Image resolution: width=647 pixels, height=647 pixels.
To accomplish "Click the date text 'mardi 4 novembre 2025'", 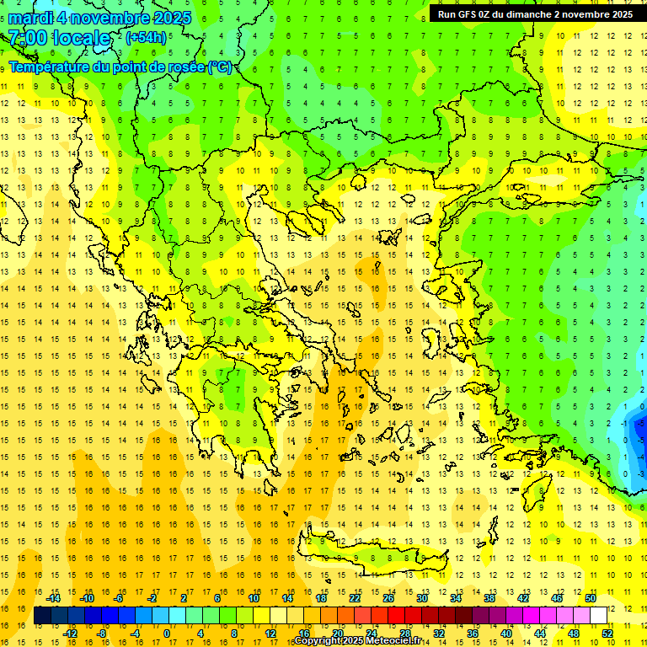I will (99, 18).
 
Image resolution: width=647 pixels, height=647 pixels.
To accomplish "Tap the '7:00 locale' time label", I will (59, 38).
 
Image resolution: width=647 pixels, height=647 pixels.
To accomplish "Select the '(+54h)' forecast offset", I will (146, 38).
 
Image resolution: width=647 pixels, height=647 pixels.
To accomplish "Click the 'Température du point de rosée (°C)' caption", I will (120, 67).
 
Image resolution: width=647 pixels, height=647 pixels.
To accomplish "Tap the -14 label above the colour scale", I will (55, 598).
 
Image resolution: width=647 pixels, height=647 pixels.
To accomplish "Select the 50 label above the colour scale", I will (591, 598).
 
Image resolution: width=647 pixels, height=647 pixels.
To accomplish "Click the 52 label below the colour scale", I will (607, 633).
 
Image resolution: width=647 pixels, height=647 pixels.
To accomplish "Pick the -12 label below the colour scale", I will (71, 633).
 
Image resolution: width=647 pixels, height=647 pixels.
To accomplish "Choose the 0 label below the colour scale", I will (167, 633).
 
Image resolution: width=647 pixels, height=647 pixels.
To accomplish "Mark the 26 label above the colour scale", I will (388, 598).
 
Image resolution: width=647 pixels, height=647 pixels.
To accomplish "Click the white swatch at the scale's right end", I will (599, 616).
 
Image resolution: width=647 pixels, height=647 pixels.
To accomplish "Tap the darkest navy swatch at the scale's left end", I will (42, 616).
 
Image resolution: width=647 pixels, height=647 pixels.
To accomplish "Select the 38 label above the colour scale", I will (489, 598).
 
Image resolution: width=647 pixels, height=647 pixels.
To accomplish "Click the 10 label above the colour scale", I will (254, 598).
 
